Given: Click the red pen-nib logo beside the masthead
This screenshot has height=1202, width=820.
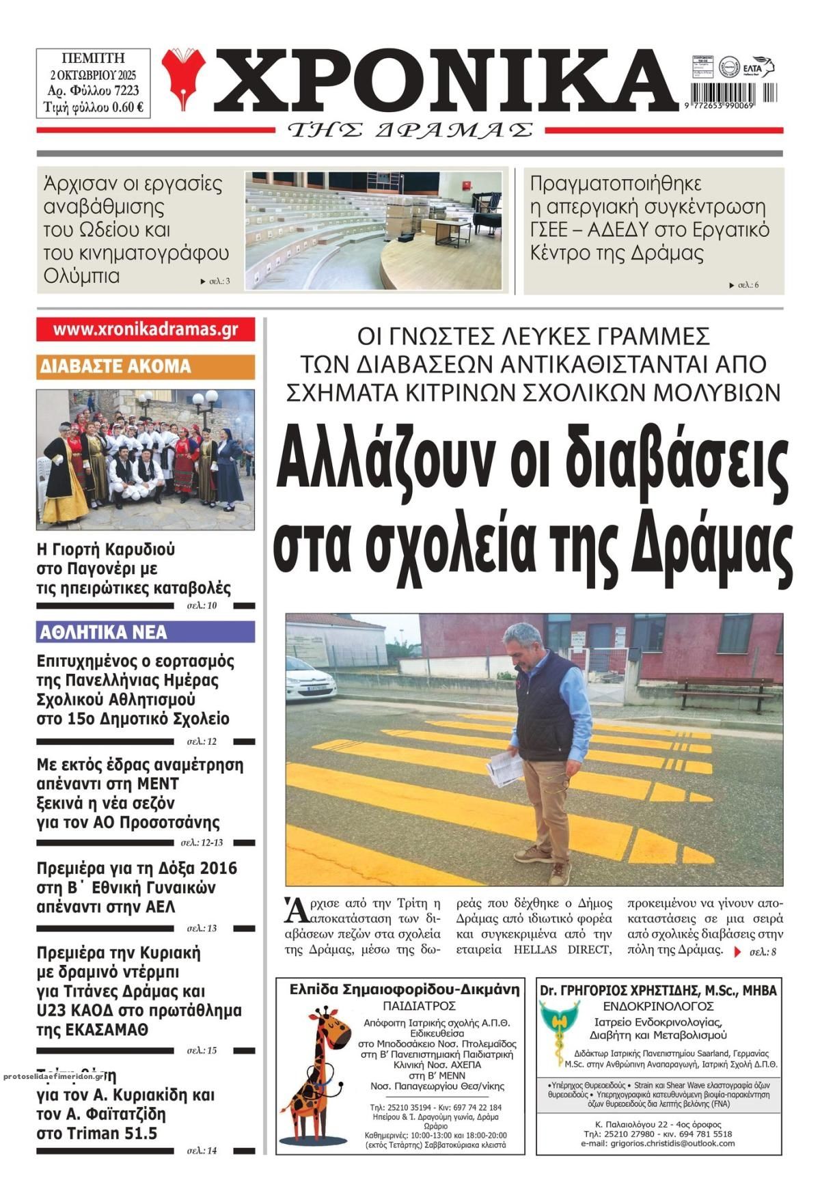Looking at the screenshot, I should (183, 79).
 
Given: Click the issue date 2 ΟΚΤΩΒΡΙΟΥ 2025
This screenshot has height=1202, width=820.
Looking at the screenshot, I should (94, 74).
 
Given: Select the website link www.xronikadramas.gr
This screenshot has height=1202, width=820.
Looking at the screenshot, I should (146, 329).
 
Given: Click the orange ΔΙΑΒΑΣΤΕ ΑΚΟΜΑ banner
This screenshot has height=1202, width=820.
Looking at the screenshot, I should (146, 367).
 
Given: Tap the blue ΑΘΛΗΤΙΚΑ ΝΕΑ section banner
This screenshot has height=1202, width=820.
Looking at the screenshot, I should (146, 632).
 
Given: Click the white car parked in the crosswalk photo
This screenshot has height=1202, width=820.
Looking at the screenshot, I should (311, 677).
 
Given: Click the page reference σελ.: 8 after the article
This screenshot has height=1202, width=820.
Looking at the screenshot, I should (763, 951).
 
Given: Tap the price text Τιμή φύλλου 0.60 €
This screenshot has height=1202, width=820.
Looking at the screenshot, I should (94, 107).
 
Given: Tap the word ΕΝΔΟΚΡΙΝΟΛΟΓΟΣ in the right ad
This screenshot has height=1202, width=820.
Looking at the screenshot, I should (658, 1006).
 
